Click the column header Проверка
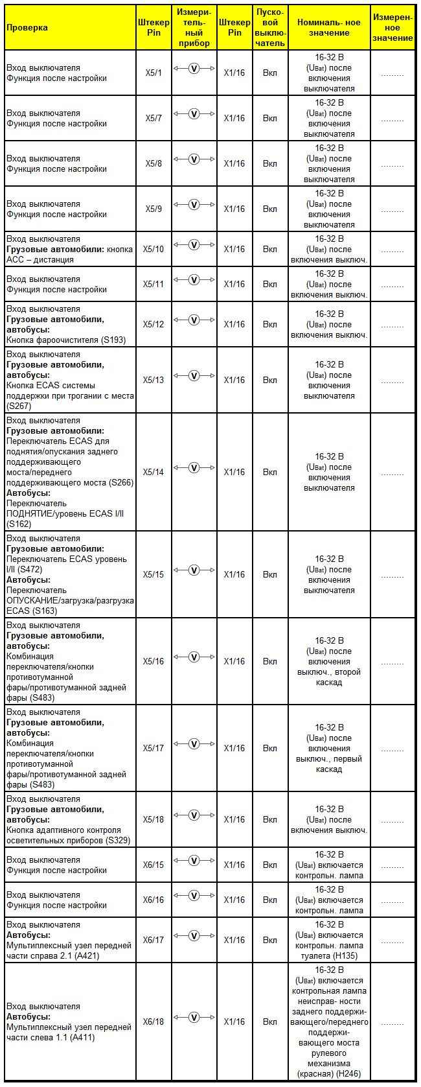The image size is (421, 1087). click(27, 27)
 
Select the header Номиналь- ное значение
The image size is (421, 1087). click(328, 27)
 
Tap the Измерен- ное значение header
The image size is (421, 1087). click(393, 27)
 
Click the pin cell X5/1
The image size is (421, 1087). click(154, 73)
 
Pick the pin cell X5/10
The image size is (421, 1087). click(154, 249)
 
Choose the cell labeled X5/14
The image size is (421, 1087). click(154, 472)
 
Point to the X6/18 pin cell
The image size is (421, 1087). click(154, 1022)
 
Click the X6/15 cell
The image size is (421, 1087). click(154, 865)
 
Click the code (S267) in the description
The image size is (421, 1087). click(19, 406)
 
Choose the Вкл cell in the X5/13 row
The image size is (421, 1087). click(270, 380)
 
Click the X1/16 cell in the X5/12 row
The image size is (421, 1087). click(234, 324)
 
